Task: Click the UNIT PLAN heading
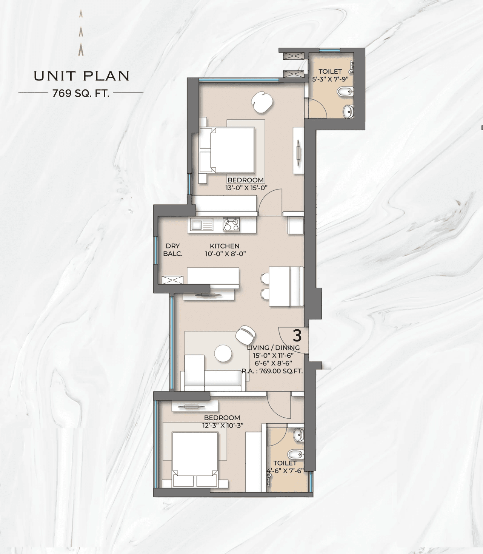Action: [82, 76]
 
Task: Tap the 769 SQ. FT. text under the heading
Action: [81, 93]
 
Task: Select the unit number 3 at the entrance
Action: [297, 335]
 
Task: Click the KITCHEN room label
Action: [225, 246]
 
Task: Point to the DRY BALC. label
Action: [173, 250]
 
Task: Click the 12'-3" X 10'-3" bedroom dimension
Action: [222, 425]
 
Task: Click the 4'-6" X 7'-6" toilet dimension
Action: [285, 471]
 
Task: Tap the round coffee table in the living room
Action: [223, 353]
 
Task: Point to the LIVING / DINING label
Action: [273, 347]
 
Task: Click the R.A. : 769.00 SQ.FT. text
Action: [272, 371]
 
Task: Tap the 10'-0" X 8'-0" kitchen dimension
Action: [225, 254]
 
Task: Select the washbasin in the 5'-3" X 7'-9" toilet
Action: [348, 111]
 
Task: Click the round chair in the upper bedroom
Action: [262, 102]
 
